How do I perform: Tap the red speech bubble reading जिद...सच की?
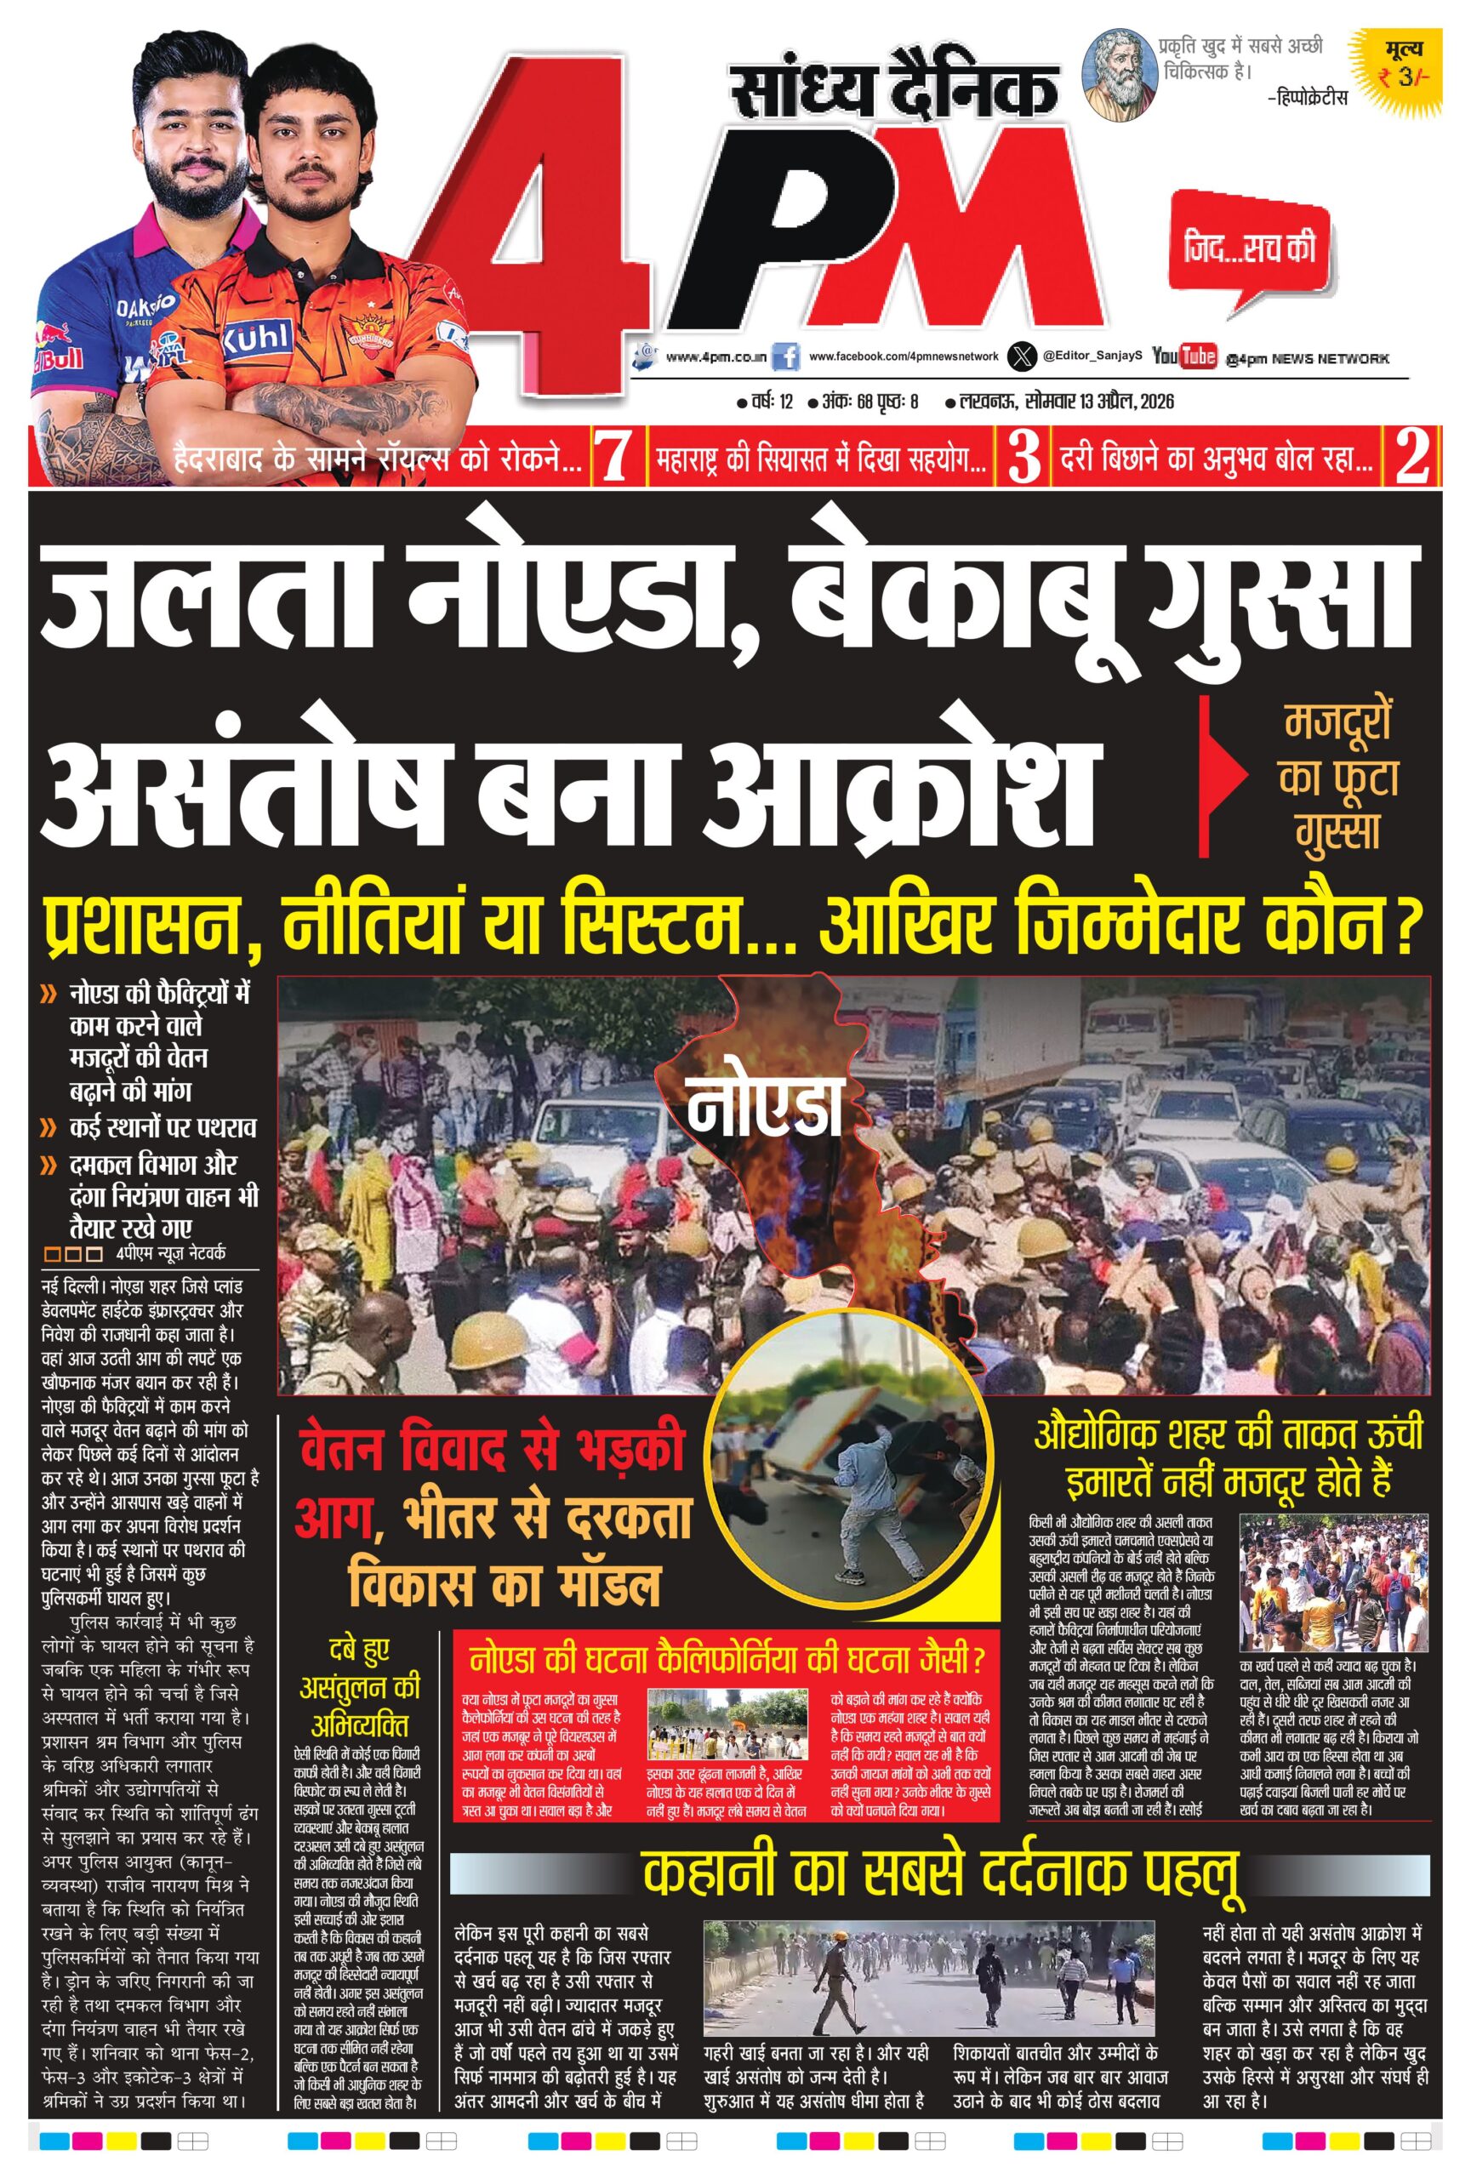(x=1249, y=248)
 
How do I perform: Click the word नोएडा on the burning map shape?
(x=764, y=1107)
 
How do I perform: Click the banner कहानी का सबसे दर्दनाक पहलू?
(x=942, y=1873)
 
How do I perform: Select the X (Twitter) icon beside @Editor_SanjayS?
(x=1020, y=356)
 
